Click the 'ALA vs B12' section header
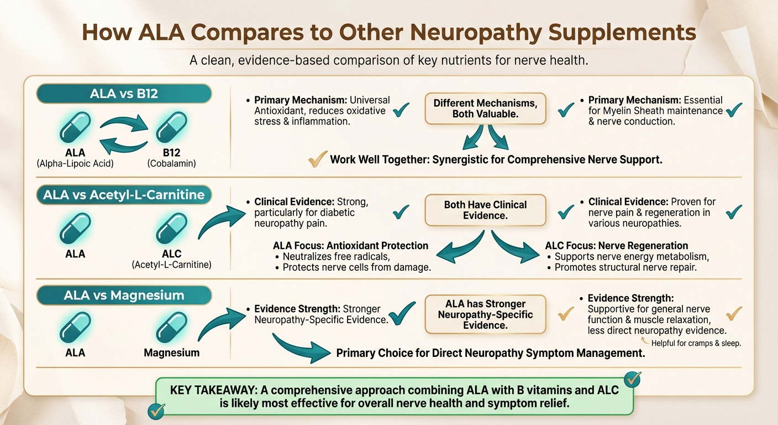click(x=124, y=94)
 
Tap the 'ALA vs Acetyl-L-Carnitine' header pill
click(x=124, y=194)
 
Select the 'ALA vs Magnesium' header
click(x=124, y=295)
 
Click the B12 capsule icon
click(x=171, y=127)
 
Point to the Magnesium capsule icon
click(x=171, y=328)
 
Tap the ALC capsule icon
click(x=171, y=229)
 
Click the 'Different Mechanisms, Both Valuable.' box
click(x=485, y=108)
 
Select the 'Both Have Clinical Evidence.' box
click(x=485, y=210)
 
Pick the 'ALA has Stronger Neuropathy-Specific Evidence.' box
click(x=485, y=314)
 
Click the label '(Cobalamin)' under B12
click(x=171, y=163)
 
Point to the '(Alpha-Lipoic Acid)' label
click(x=75, y=163)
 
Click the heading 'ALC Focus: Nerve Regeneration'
click(x=616, y=246)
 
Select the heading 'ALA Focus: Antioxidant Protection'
click(x=350, y=246)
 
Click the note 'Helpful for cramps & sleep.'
click(x=696, y=343)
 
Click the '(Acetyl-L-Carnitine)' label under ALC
click(x=171, y=265)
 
